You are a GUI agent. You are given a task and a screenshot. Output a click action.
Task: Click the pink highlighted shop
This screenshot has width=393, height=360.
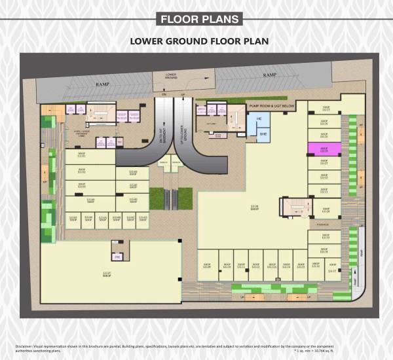pos(323,149)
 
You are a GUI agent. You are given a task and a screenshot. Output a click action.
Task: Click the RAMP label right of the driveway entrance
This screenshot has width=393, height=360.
pos(269,75)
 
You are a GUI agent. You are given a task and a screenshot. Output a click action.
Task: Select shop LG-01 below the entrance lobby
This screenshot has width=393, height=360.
pos(82,156)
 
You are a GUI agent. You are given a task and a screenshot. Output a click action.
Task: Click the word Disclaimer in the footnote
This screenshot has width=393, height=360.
pos(26,345)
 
